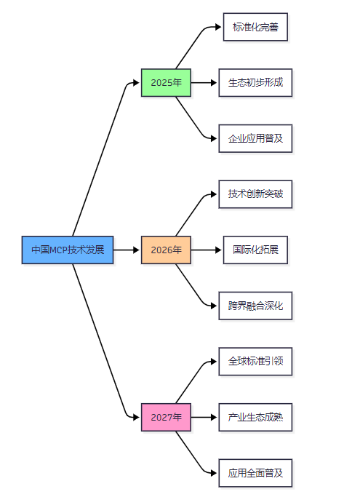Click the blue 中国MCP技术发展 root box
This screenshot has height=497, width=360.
click(68, 250)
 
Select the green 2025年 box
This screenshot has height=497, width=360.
click(166, 82)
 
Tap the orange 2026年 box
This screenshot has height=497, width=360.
click(166, 250)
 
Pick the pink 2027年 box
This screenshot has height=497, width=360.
click(166, 417)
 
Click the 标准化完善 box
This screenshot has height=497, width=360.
click(255, 27)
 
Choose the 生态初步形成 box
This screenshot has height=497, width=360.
click(255, 82)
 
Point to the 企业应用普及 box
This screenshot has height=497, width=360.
click(255, 138)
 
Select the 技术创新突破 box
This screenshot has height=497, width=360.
click(255, 194)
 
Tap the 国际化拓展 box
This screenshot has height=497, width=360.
click(255, 250)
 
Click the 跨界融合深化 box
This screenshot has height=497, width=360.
click(255, 306)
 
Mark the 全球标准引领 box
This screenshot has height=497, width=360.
click(255, 362)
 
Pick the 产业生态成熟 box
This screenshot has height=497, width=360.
click(255, 417)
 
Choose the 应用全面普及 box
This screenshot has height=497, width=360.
click(255, 473)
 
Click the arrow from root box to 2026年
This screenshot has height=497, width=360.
click(127, 250)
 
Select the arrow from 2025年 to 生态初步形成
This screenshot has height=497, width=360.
click(204, 82)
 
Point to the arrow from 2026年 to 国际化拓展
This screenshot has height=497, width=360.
click(207, 250)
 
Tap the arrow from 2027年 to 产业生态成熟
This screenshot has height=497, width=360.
click(204, 417)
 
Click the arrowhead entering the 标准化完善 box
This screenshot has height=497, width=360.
click(218, 27)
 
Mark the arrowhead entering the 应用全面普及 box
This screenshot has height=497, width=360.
click(214, 473)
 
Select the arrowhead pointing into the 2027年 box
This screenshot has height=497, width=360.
click(137, 417)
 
